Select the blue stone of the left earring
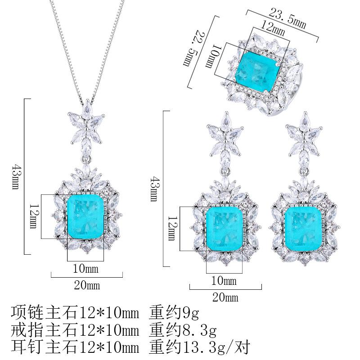pyautogui.click(x=225, y=229)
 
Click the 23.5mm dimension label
pyautogui.click(x=287, y=18)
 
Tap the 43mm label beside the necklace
pyautogui.click(x=15, y=176)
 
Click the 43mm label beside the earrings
pyautogui.click(x=153, y=189)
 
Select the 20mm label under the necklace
pyautogui.click(x=87, y=285)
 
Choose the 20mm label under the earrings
pyautogui.click(x=225, y=297)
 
